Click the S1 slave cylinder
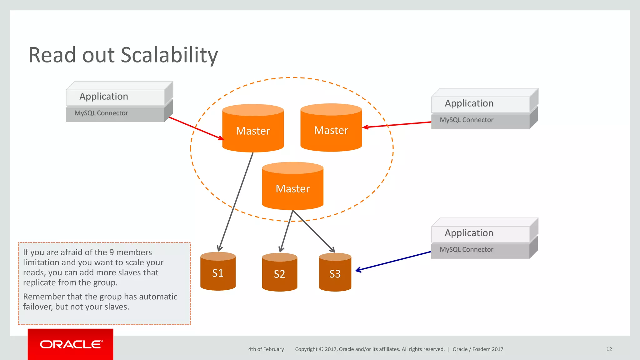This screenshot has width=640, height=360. coord(218,272)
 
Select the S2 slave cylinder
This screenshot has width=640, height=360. coord(279,273)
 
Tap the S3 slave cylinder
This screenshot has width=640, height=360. coord(335,273)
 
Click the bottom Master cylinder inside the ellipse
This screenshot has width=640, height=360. coord(292,187)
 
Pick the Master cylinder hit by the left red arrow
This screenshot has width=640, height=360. coord(253,130)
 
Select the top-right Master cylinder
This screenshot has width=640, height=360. coord(331,129)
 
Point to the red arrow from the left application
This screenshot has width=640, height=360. coord(196,128)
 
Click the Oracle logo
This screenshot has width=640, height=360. coord(71,344)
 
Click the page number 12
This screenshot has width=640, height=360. coord(609,349)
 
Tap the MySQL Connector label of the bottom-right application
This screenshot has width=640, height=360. coord(466,249)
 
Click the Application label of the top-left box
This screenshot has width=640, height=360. coord(104,96)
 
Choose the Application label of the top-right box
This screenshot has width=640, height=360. coord(469,103)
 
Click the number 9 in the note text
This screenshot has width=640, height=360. coord(111,252)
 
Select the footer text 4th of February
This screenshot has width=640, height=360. coord(266,349)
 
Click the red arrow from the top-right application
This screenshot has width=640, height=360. coord(397,124)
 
